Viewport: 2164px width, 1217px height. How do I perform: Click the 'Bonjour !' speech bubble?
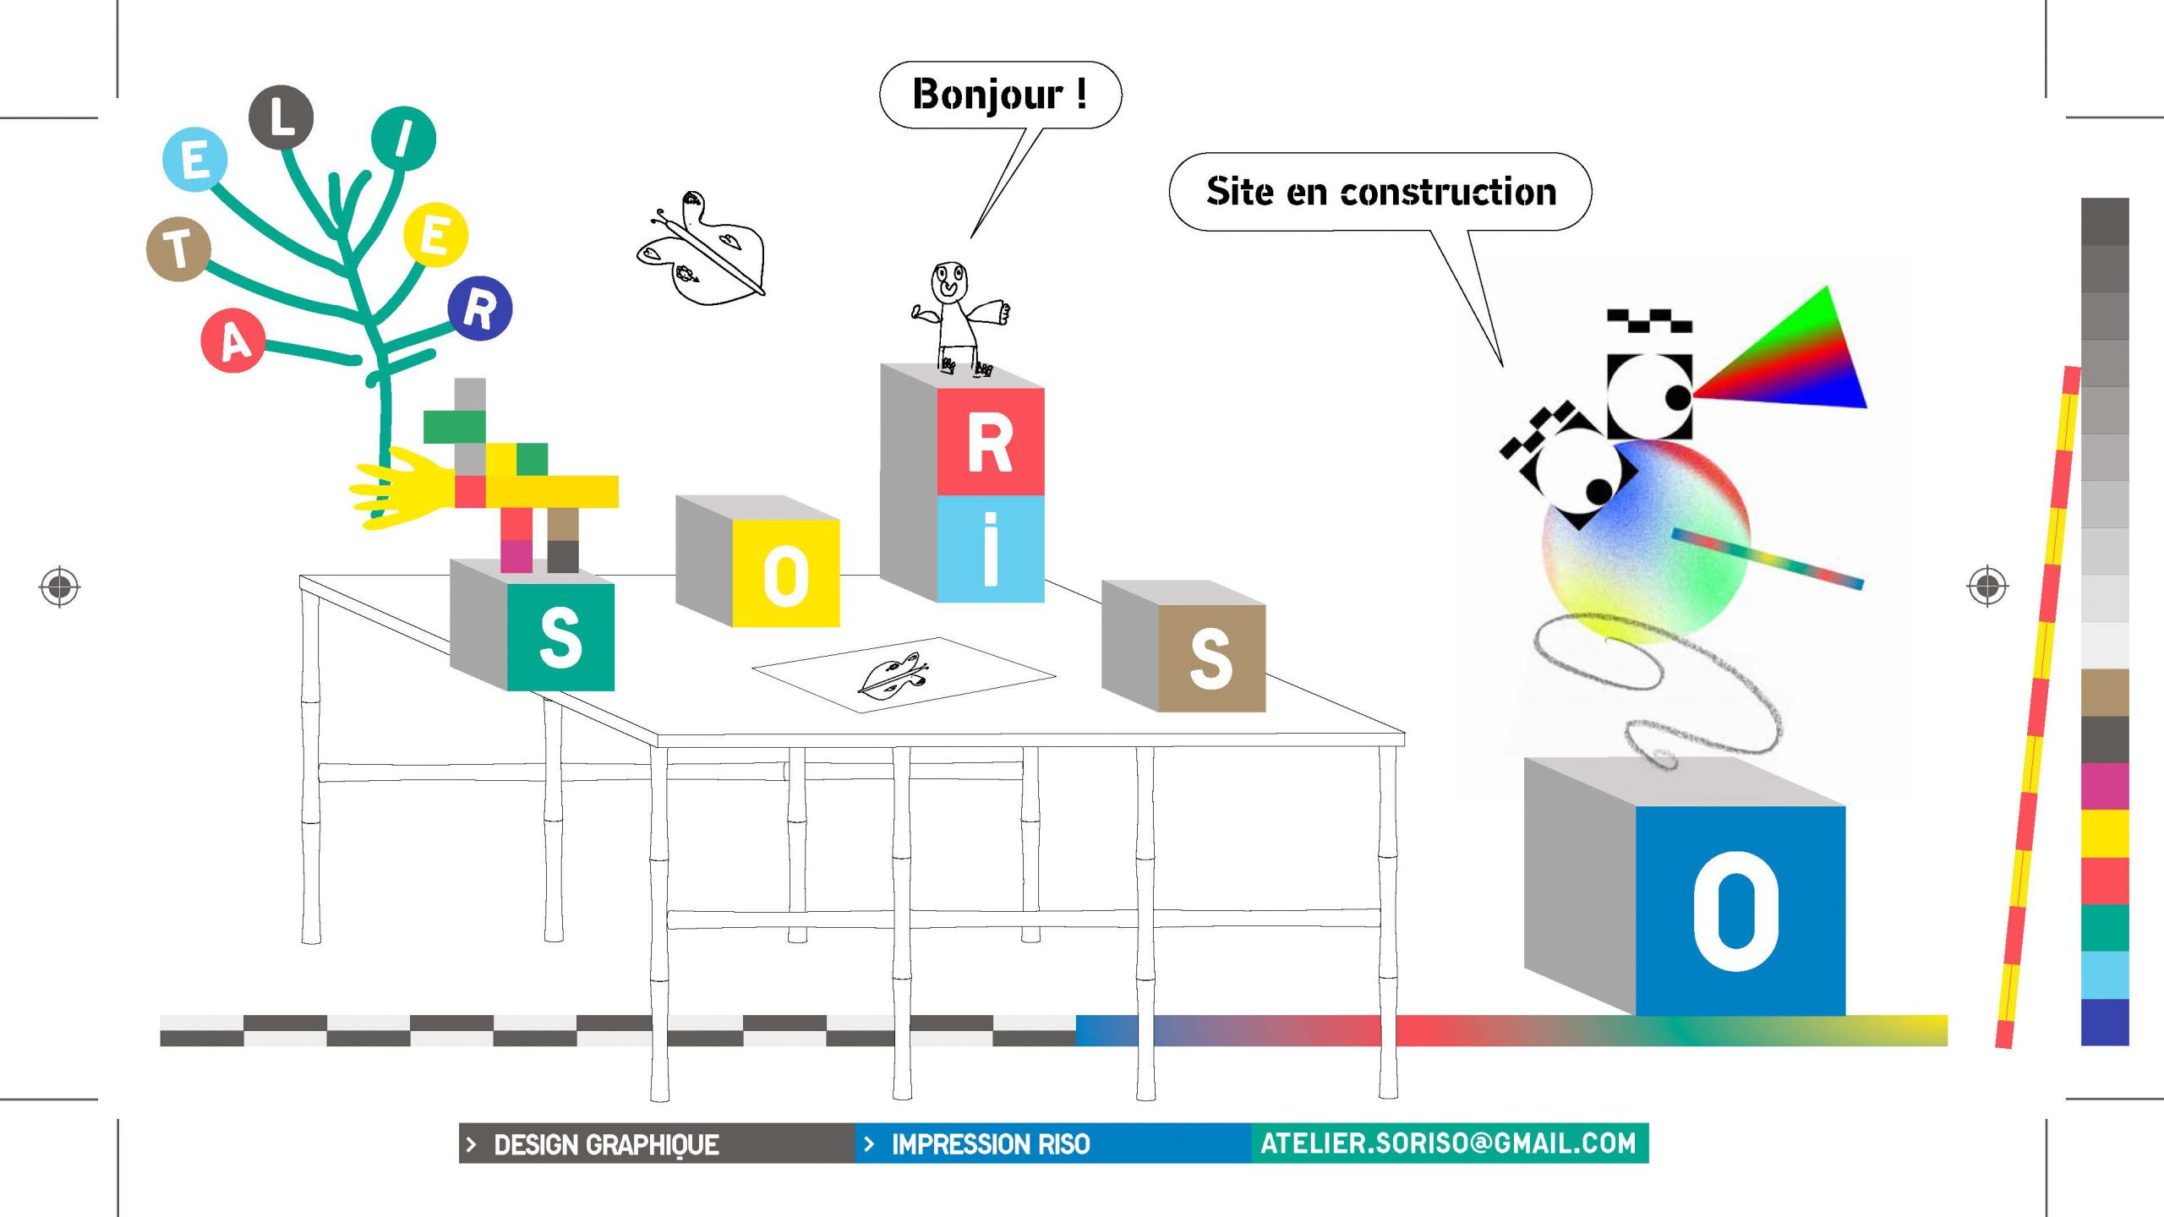tap(1000, 95)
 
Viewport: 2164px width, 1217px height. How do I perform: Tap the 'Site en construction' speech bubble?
tap(1380, 192)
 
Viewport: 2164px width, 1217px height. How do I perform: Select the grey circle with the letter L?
tap(281, 117)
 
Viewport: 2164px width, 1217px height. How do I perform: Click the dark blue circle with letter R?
tap(479, 308)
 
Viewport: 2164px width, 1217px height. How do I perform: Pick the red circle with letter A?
tap(232, 341)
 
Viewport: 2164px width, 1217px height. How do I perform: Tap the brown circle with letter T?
tap(178, 248)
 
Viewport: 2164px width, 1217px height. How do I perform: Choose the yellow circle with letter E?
tap(435, 234)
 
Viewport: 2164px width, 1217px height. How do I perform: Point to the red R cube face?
tap(990, 441)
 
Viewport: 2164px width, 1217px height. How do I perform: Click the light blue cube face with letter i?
tap(990, 548)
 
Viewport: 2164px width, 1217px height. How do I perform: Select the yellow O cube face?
tap(785, 573)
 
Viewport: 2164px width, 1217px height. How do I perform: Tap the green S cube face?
tap(560, 637)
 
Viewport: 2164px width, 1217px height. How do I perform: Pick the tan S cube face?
tap(1210, 658)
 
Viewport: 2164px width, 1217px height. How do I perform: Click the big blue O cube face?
tap(1740, 911)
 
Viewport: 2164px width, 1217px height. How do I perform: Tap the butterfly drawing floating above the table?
tap(702, 249)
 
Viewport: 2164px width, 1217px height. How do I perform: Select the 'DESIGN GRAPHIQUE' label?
tap(605, 1144)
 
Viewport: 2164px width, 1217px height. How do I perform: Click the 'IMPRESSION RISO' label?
tap(990, 1144)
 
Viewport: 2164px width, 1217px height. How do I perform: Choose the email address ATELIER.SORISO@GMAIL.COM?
tap(1448, 1143)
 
